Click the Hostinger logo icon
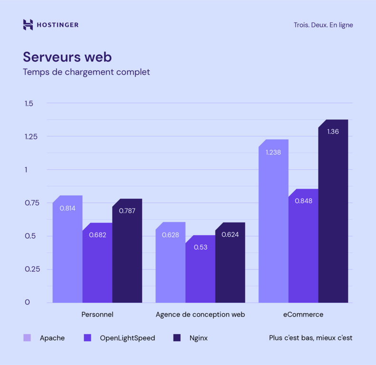coord(28,25)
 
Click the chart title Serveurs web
coord(67,57)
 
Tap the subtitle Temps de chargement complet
coord(86,72)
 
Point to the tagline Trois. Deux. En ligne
coord(323,25)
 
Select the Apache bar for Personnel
coord(67,252)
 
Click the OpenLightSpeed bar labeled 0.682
coord(97,266)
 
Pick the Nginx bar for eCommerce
coord(333,214)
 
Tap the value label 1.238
coord(273,153)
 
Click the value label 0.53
coord(200,247)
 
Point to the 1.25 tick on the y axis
coord(31,137)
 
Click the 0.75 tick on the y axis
coord(31,203)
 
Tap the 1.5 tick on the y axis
coord(29,104)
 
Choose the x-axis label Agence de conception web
coord(200,315)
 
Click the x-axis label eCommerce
coord(303,315)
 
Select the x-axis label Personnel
coord(97,315)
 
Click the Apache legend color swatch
coord(27,338)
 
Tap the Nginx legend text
coord(198,338)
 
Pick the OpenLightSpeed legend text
coord(127,338)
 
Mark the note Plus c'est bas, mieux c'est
coord(310,338)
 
